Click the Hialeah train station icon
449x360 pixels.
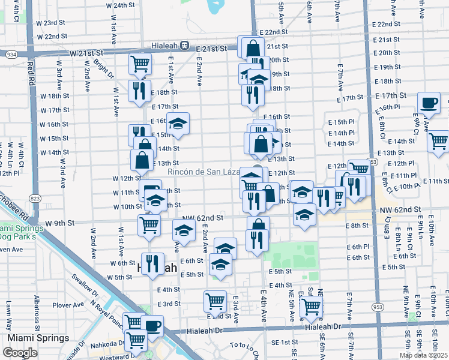pyautogui.click(x=185, y=45)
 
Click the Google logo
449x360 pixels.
pyautogui.click(x=20, y=353)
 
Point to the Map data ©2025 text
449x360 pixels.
pyautogui.click(x=423, y=355)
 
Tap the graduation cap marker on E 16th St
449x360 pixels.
pyautogui.click(x=178, y=124)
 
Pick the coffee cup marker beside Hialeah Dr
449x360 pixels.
pyautogui.click(x=152, y=326)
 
